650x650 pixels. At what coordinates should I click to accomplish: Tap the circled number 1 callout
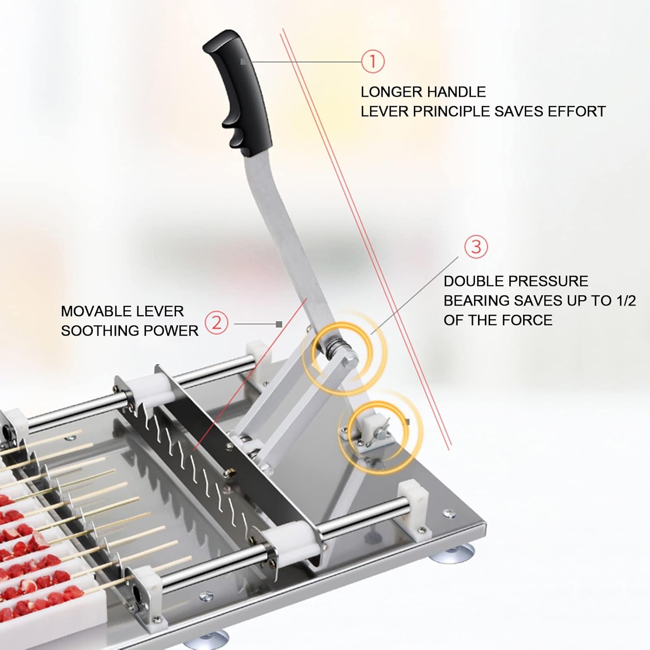[x=373, y=61]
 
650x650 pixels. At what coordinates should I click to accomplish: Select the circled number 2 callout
[x=216, y=323]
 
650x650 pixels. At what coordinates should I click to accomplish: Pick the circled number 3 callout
[x=476, y=247]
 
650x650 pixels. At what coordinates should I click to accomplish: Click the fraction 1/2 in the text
[x=626, y=300]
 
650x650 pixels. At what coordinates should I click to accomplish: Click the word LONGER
[x=390, y=92]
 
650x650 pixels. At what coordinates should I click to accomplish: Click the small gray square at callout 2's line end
[x=279, y=324]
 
